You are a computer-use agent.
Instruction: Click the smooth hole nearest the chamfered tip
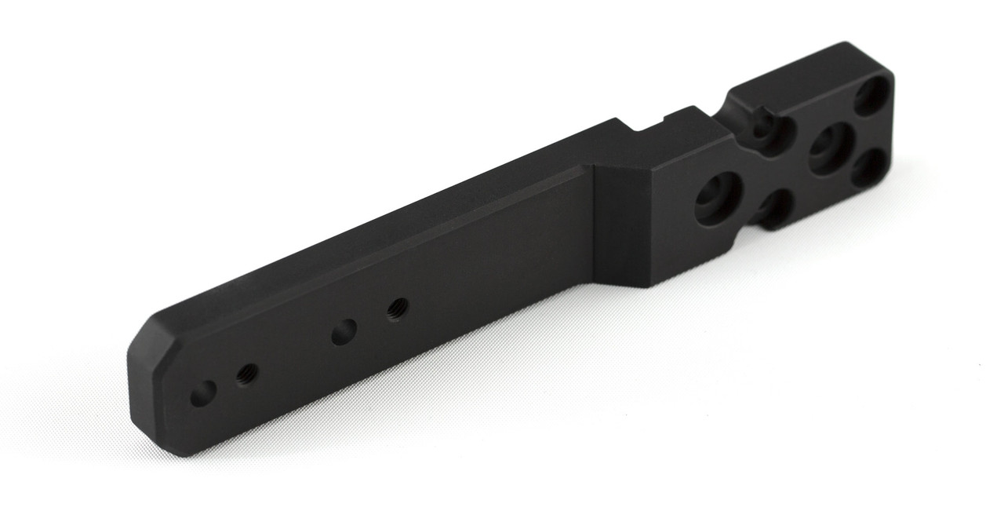203,393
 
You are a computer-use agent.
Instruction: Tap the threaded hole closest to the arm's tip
246,374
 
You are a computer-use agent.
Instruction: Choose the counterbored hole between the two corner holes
830,148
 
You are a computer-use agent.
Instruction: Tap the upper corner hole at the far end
872,96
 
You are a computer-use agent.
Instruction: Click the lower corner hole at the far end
869,168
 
